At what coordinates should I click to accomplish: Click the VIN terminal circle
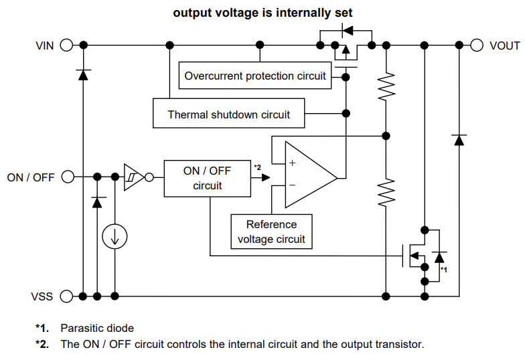(66, 46)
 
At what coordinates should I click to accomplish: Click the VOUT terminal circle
(477, 46)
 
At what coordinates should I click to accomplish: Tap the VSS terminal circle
(66, 296)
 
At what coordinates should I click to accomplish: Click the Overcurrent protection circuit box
(255, 76)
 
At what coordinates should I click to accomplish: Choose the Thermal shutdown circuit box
(228, 114)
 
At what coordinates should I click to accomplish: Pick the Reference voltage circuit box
(271, 232)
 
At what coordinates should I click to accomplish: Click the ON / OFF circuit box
(207, 178)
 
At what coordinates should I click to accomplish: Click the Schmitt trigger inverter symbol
(134, 177)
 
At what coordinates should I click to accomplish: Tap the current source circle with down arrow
(115, 236)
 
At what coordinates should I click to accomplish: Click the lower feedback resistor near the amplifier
(386, 192)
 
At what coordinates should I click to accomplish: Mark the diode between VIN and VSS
(83, 74)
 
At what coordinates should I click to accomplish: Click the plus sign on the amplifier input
(292, 163)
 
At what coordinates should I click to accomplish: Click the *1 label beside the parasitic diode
(443, 269)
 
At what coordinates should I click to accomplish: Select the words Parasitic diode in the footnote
(97, 329)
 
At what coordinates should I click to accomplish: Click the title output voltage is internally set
(262, 12)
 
